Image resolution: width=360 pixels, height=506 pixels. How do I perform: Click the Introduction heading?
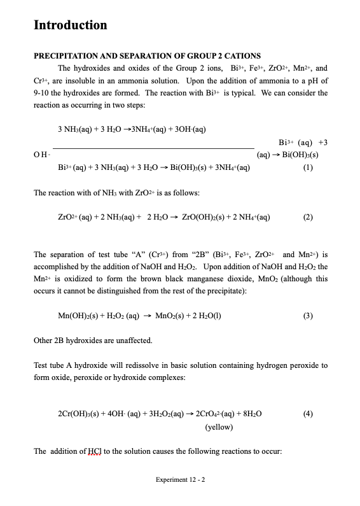[70, 25]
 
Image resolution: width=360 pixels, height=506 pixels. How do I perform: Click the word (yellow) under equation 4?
[218, 428]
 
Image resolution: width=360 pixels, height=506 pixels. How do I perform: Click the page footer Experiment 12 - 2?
[180, 479]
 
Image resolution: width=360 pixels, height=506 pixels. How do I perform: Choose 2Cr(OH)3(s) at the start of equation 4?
[82, 414]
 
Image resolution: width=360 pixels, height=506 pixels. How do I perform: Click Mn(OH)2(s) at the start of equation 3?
[81, 316]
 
